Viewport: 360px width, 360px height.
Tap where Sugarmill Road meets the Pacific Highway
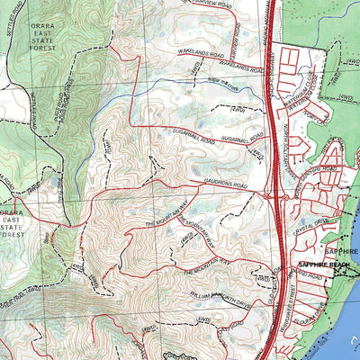pos(269,142)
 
